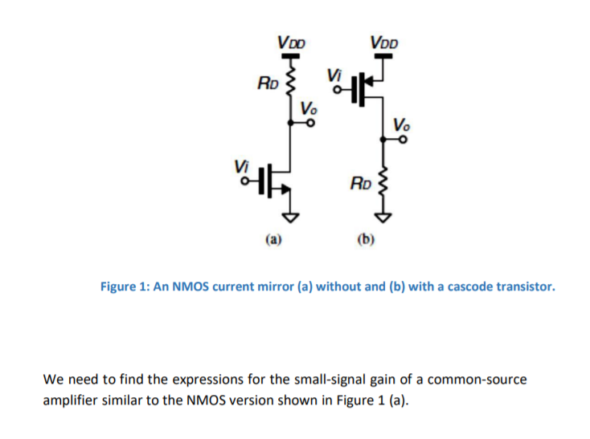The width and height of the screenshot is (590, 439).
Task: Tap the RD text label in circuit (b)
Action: click(360, 184)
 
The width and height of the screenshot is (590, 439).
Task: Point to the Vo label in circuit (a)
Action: click(309, 109)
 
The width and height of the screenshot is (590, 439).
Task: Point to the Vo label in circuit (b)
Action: click(403, 124)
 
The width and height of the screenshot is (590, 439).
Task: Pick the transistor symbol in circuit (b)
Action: click(373, 88)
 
